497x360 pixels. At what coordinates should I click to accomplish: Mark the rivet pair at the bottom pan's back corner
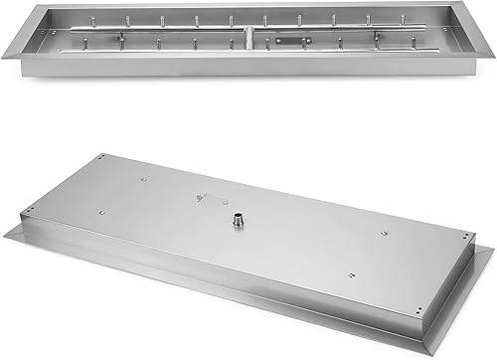[105, 159]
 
